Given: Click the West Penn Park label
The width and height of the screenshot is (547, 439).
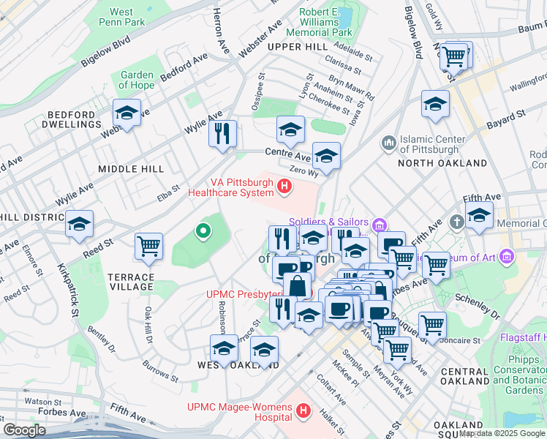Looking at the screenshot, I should point(121,17).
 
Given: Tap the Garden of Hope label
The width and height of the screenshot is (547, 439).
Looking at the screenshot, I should point(137,80).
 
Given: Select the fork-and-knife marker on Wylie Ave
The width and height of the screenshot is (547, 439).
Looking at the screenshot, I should point(222,134).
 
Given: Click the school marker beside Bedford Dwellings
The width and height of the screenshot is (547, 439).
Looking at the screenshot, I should point(127,113).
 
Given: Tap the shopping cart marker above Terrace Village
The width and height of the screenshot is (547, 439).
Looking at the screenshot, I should point(149,246).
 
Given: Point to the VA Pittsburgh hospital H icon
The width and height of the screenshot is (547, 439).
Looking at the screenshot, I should point(284,188).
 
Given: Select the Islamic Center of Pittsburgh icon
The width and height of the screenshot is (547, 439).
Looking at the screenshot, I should point(388,141).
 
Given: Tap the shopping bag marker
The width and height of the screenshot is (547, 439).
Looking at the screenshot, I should point(298,285).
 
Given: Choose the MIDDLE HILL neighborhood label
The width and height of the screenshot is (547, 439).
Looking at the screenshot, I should point(131,169).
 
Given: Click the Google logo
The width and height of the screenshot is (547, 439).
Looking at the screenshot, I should point(25,430).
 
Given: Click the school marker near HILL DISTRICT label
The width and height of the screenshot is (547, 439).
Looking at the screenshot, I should point(79,224).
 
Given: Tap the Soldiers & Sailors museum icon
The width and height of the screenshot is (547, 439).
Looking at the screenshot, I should point(380,223).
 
